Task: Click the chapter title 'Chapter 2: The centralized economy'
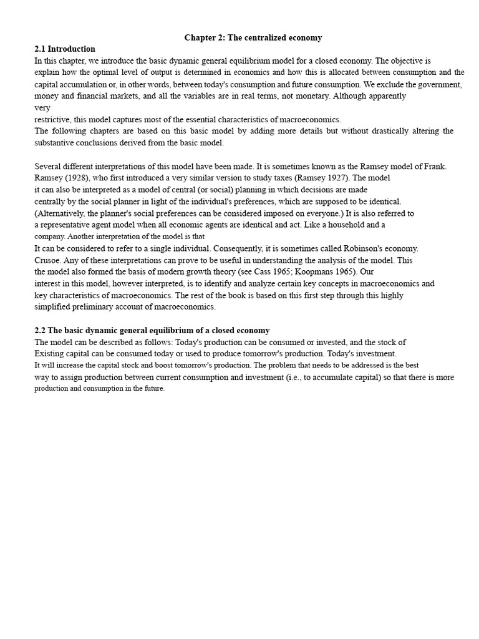coord(253,38)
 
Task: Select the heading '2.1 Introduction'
coord(65,49)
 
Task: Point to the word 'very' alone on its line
coord(42,108)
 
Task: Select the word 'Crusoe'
coord(48,260)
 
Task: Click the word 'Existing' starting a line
coord(50,354)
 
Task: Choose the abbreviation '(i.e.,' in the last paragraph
coord(296,378)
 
